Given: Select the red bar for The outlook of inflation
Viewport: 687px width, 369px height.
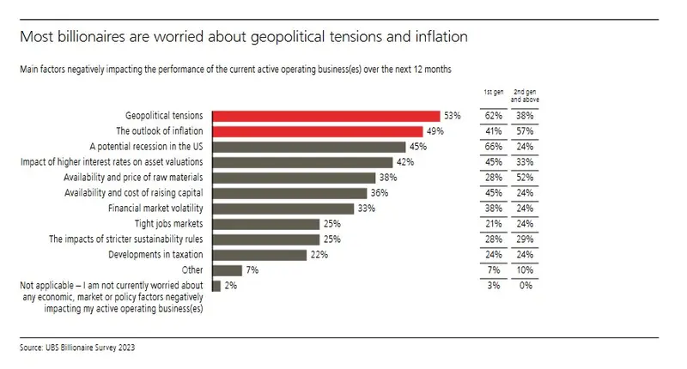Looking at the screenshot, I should [x=317, y=131].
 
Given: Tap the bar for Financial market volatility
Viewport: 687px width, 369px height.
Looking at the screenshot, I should [x=283, y=208].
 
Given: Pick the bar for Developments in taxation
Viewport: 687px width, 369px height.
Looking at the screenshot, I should [x=259, y=255].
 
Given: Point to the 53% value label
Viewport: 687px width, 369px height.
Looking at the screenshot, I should [x=453, y=115].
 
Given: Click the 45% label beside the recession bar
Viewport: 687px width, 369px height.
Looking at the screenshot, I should [x=418, y=147].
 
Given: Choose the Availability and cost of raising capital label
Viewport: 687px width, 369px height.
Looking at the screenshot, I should [x=134, y=193].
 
